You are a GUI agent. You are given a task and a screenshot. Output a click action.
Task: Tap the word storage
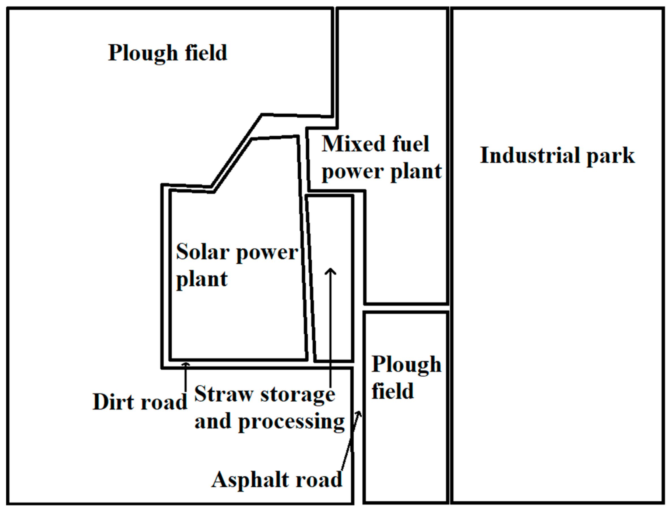tap(298, 395)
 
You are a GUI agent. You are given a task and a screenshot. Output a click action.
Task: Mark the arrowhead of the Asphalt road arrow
tap(360, 413)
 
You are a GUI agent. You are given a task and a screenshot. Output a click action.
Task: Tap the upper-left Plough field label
tap(168, 53)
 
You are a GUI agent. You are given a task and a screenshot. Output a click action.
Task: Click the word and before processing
tap(213, 421)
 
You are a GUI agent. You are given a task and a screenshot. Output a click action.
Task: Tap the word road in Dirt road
tap(164, 402)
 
